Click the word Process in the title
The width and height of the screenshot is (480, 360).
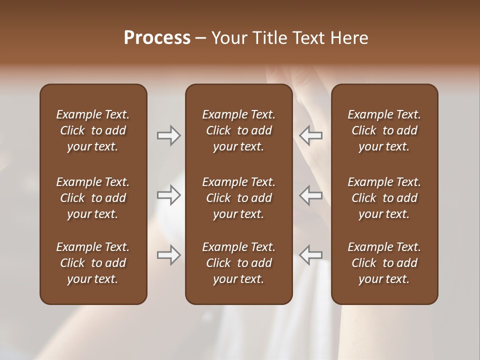click(157, 38)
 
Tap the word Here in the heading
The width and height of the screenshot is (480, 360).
click(349, 38)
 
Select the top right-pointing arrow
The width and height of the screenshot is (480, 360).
click(168, 135)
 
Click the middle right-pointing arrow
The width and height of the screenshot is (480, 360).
click(168, 195)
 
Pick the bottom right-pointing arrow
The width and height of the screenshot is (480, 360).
click(168, 255)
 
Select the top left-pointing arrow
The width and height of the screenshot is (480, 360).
click(310, 135)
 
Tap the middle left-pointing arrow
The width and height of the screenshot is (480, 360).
click(310, 195)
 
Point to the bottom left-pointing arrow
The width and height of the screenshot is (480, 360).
click(310, 255)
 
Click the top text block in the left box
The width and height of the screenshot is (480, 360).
click(93, 130)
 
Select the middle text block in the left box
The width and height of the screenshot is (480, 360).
click(93, 198)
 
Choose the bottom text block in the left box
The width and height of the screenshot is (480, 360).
click(93, 263)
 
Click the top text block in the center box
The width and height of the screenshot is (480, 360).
click(238, 130)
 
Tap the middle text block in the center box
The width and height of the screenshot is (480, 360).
click(238, 198)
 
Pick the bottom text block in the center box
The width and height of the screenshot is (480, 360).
click(238, 263)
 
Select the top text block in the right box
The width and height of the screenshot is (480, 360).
click(384, 130)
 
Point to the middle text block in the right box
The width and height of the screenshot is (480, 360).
click(384, 198)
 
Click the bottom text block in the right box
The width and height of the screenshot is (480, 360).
click(384, 263)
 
